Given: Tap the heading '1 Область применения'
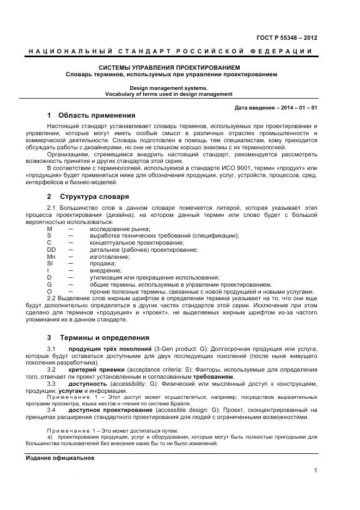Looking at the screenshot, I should pos(91,116).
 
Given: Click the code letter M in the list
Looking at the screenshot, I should pos(50,229).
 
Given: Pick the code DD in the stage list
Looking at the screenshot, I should pos(51,250).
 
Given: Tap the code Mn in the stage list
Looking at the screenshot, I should pos(51,257).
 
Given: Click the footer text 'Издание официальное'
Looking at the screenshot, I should pos(60,458).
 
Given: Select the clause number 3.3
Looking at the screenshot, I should pos(52,384).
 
